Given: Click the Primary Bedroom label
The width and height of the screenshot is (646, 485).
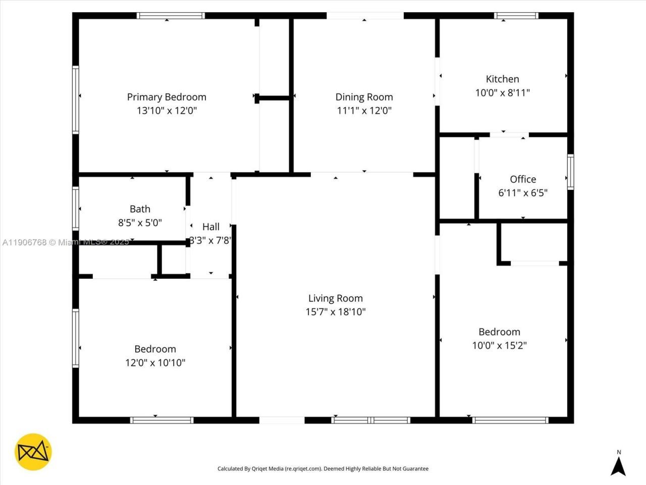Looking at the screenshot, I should [x=167, y=97].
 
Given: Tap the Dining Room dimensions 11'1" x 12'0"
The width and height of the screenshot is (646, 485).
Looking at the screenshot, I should [x=364, y=111].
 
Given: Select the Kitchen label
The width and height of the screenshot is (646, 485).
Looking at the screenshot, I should [x=502, y=79].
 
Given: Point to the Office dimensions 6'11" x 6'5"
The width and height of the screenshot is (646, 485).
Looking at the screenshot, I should [x=523, y=192].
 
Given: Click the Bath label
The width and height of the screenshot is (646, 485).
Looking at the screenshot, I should [x=140, y=209].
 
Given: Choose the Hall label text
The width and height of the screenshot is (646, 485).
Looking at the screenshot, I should [x=211, y=227].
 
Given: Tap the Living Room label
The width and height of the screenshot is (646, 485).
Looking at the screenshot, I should [x=336, y=298].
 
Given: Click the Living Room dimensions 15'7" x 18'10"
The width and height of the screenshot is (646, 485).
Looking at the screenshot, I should [x=336, y=312].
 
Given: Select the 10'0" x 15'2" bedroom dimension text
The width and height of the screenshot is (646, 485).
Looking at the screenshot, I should [x=499, y=346].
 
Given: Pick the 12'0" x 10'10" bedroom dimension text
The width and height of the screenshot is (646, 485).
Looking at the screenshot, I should [x=155, y=363].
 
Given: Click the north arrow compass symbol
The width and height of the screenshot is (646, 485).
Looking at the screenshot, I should [x=618, y=464].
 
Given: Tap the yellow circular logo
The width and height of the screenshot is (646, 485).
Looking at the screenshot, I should [x=33, y=452].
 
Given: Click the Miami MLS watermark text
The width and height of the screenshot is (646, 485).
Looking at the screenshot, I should [x=66, y=243].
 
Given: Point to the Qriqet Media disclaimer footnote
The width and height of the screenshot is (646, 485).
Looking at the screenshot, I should [x=323, y=469].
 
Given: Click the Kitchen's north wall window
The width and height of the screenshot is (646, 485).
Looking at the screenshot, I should [x=516, y=16].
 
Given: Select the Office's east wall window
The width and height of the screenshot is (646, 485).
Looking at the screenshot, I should [x=570, y=172].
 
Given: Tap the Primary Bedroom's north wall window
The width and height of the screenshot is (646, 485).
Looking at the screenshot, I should [x=171, y=16].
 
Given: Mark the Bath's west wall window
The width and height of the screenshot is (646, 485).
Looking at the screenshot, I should [x=76, y=208].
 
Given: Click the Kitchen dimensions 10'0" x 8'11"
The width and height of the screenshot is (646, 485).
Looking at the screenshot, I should [x=502, y=92].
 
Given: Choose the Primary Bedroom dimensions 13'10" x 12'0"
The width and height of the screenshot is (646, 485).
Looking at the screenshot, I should [x=167, y=111].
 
